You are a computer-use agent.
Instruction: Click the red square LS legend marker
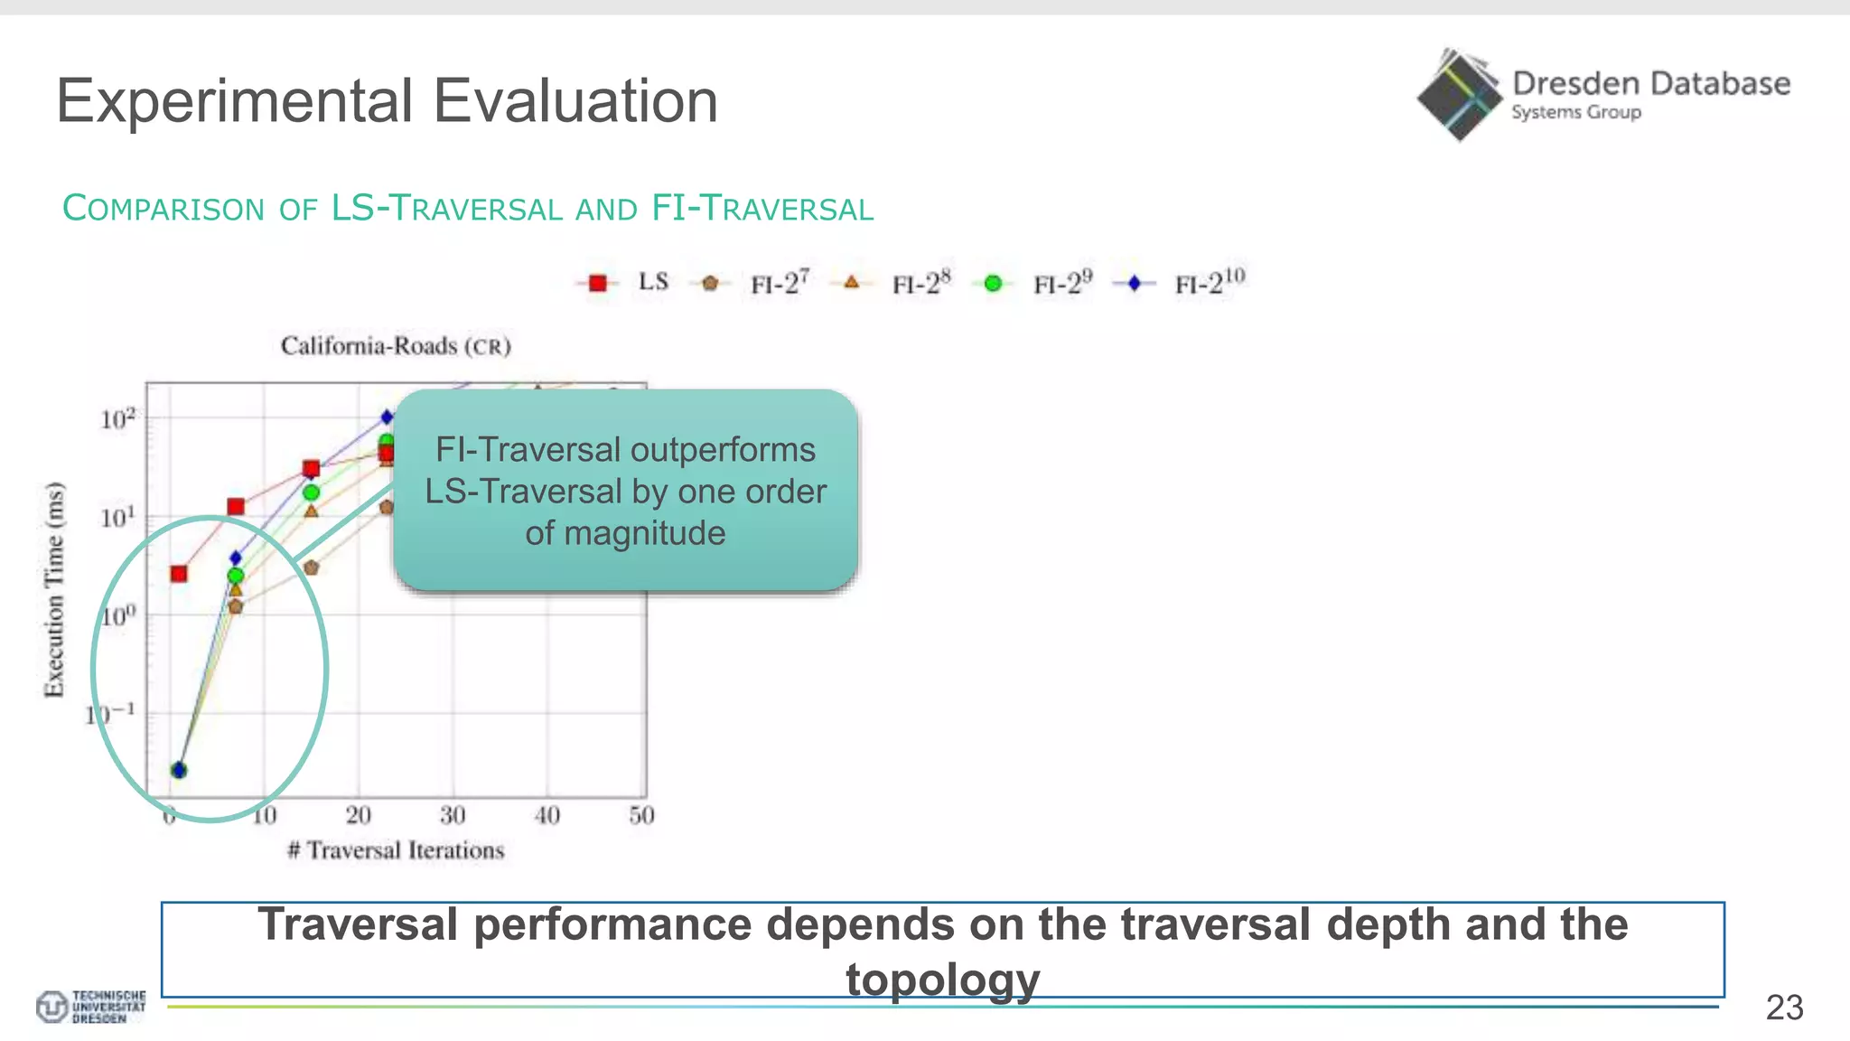click(x=597, y=284)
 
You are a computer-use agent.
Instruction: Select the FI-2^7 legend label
click(x=780, y=283)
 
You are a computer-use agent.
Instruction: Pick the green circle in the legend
click(x=993, y=284)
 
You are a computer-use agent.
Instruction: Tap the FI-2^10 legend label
click(x=1210, y=281)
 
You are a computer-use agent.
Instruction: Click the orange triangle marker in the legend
click(x=851, y=283)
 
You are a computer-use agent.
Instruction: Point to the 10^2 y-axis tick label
click(x=117, y=419)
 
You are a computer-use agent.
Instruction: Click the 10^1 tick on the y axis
click(x=117, y=518)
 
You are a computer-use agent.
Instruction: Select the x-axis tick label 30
click(x=453, y=816)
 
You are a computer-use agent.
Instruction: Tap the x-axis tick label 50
click(x=641, y=816)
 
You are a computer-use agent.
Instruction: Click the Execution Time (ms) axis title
click(x=55, y=589)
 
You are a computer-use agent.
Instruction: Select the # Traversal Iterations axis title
click(x=396, y=850)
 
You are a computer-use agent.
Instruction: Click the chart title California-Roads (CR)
click(x=396, y=346)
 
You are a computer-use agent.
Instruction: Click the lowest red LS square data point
click(x=179, y=574)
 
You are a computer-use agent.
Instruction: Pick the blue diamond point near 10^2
click(x=387, y=417)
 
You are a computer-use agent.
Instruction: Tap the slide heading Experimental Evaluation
click(x=387, y=100)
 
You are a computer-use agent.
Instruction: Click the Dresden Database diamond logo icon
click(x=1457, y=95)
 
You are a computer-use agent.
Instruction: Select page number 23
click(x=1784, y=1008)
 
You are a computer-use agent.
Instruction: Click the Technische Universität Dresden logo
click(x=90, y=1006)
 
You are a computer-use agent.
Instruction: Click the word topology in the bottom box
click(x=942, y=980)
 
